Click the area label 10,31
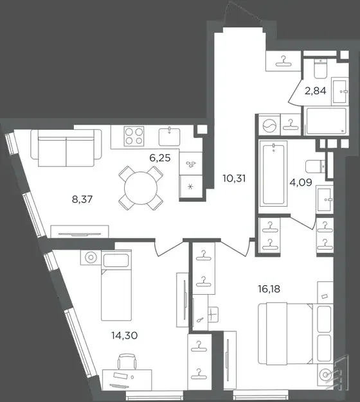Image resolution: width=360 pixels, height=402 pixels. [234, 178]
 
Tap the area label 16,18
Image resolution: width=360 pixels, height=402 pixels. [269, 289]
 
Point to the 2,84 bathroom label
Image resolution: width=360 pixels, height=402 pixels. [316, 91]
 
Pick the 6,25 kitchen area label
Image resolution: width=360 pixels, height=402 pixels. [160, 158]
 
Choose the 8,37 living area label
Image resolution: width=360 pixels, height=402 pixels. [82, 199]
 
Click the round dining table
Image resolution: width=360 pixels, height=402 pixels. [141, 188]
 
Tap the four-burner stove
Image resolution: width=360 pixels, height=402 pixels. [134, 135]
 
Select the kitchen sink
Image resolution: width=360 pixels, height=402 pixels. [169, 136]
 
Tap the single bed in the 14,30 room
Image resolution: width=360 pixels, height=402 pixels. [116, 286]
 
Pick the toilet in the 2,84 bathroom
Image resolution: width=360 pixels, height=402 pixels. [321, 68]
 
